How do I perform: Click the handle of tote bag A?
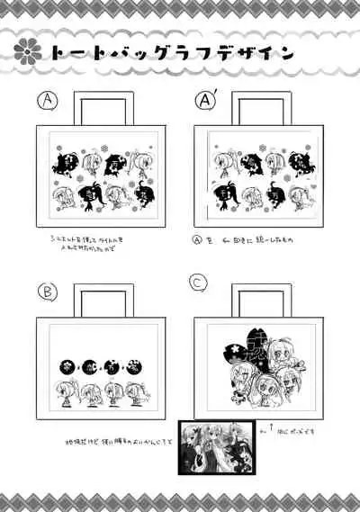tap(100, 106)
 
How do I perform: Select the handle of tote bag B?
tap(100, 299)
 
